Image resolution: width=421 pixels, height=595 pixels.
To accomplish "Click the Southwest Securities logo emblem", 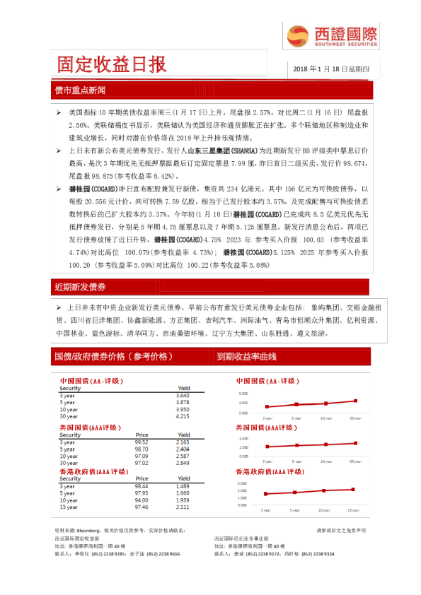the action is coord(296,36).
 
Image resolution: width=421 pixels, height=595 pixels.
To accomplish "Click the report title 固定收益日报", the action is coord(113,65).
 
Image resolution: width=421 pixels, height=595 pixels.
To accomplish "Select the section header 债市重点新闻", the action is coord(80,90).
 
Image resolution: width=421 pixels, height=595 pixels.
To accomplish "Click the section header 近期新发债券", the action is coord(80,287).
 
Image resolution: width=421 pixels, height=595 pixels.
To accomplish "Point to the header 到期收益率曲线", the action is coord(246,357).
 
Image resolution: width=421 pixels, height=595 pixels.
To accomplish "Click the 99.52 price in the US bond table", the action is coord(142,442).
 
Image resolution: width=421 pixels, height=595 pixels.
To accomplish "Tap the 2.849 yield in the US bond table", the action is coord(183,462).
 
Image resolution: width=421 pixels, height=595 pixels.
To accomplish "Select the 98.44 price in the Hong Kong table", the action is coord(142,487).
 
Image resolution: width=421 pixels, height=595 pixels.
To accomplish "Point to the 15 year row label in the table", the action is coord(69,507).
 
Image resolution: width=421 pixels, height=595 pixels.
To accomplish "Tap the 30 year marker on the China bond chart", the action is coord(354,401).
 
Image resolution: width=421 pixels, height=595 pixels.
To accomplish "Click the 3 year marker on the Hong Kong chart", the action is coord(266,494).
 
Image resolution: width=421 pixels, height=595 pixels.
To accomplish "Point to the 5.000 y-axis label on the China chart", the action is coord(243,394).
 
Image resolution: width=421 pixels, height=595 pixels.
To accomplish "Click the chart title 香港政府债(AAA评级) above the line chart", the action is coord(270,471).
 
